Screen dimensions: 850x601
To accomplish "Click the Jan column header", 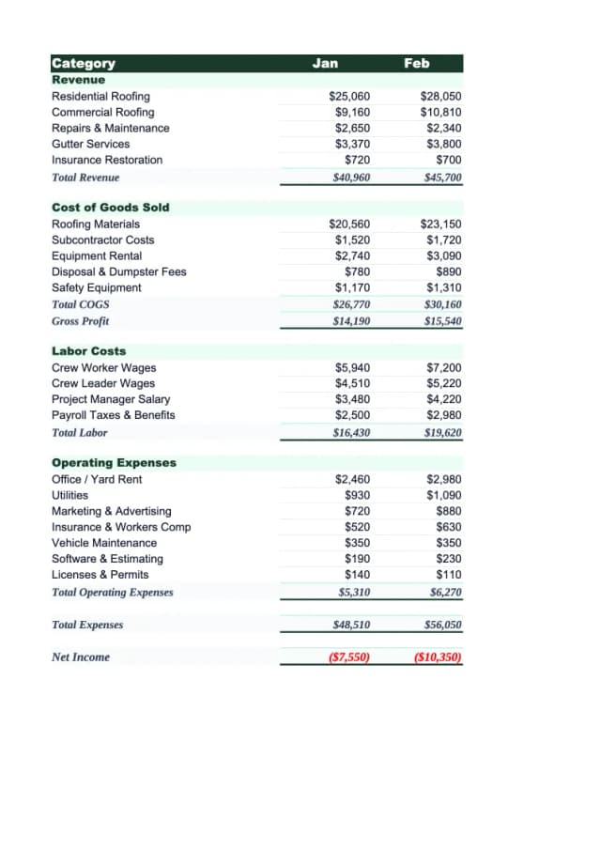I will point(325,63).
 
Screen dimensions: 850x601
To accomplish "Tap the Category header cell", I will point(84,64).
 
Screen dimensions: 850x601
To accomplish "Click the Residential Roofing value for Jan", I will point(349,97).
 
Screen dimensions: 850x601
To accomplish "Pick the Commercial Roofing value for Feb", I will point(440,113).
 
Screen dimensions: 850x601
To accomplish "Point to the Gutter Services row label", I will point(90,145).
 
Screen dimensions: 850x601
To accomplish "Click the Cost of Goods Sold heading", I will point(110,208).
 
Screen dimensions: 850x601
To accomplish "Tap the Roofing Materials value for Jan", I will point(349,224).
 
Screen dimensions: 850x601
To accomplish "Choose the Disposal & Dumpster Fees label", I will point(118,272).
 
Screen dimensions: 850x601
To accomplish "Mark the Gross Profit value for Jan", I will point(351,321).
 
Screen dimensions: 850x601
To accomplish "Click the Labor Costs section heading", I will point(88,351).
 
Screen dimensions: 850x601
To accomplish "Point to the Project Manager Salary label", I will point(111,399).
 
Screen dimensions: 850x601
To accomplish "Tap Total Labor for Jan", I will point(351,433).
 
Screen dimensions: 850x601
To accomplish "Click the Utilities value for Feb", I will point(443,495).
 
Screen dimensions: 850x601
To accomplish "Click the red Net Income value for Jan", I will point(348,657).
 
